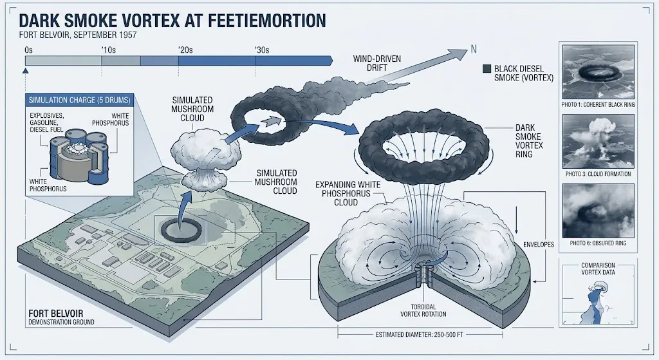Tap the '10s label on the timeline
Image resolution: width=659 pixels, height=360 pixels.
point(108,50)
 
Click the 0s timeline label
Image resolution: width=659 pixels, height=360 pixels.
point(28,50)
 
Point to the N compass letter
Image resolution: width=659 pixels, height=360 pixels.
point(474,49)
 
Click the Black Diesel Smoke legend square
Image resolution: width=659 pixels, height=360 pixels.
point(487,69)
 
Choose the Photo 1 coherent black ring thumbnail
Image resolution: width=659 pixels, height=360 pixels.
point(598,72)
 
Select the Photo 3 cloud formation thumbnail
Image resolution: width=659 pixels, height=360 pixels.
point(598,141)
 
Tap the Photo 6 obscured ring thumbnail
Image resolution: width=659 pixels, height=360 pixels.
point(598,211)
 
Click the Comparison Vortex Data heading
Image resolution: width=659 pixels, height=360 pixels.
point(598,269)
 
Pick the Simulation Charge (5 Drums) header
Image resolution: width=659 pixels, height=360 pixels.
point(79,100)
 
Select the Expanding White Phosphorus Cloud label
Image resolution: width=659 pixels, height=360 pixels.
point(348,193)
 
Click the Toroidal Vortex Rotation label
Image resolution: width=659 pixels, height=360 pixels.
point(423,310)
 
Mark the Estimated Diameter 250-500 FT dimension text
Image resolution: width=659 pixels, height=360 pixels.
point(419,335)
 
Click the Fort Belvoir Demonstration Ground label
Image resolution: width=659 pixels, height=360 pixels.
point(61,317)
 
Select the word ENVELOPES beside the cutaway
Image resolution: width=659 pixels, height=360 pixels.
point(539,244)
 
